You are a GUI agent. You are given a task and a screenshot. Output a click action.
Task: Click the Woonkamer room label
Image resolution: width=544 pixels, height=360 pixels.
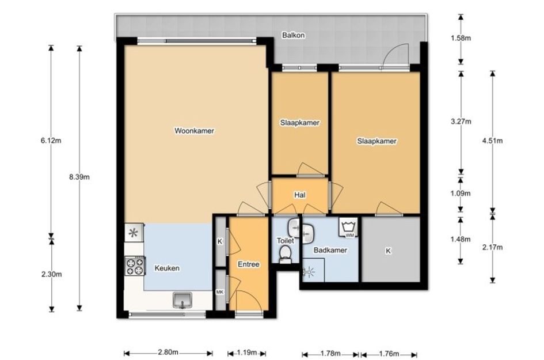(x=194, y=131)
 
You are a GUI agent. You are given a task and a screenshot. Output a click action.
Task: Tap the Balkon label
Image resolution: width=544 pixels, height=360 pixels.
(x=293, y=35)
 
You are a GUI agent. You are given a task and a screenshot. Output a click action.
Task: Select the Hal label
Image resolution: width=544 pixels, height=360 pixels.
(x=300, y=195)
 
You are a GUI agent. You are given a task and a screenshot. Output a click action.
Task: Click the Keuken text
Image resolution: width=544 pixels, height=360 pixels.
(x=167, y=268)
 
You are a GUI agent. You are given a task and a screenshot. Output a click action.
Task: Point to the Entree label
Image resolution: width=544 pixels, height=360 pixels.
(x=249, y=264)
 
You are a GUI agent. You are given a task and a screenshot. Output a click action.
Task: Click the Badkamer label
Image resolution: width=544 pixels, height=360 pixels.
(x=330, y=250)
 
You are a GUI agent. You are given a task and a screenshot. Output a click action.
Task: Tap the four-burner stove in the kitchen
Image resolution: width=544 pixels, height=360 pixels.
(x=135, y=266)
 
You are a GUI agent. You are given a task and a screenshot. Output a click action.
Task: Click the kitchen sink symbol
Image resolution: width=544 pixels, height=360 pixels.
(x=182, y=300)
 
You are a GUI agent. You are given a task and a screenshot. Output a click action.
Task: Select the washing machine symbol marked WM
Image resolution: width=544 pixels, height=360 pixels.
(x=349, y=228)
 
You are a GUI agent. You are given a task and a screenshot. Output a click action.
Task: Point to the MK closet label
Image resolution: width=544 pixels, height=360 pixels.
(x=220, y=292)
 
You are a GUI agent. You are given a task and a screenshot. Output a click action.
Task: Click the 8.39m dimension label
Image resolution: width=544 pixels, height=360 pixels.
(x=79, y=177)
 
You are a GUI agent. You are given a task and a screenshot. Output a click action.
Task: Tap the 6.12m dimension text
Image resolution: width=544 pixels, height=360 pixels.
(x=51, y=141)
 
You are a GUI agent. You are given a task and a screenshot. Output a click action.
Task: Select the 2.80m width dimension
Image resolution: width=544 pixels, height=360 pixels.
(x=168, y=353)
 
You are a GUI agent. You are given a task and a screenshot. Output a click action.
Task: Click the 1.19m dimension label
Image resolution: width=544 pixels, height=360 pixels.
(x=247, y=353)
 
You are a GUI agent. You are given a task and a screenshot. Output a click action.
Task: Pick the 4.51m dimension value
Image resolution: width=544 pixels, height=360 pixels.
(x=492, y=141)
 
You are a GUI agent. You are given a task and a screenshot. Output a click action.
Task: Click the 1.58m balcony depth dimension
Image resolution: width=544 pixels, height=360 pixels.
(x=461, y=38)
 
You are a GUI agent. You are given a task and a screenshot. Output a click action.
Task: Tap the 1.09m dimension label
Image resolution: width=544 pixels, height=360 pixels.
(x=461, y=194)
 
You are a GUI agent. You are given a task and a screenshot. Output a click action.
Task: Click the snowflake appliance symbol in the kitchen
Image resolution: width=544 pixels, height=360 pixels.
(x=134, y=232)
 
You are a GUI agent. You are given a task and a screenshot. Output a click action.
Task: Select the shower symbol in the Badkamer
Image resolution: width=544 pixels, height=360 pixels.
(x=309, y=272)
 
